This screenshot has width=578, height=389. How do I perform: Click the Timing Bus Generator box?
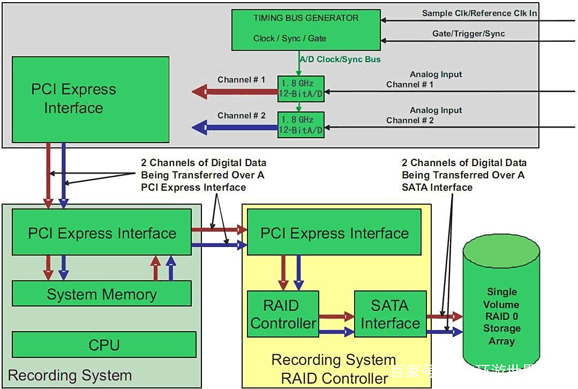pos(306,29)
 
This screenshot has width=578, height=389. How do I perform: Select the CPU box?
pos(104,345)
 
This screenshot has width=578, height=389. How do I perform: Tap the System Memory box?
pos(101,294)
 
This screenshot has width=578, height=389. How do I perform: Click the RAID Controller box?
pos(283,314)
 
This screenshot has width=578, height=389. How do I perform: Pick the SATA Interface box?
pos(390,314)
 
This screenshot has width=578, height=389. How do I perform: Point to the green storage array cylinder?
pos(501,311)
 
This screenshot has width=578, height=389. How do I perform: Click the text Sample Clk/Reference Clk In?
pos(479,13)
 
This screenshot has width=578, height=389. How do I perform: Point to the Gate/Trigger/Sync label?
pos(468,34)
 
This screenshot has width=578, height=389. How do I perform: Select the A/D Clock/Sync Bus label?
pos(340,59)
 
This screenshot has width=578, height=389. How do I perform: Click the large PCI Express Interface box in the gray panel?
pos(90,100)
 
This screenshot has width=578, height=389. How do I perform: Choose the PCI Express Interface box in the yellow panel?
pos(334,233)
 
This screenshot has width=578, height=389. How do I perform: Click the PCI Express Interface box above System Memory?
pos(102,233)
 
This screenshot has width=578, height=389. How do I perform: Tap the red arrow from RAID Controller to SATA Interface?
pos(336,317)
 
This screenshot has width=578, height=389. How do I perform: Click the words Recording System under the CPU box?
pos(70,375)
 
